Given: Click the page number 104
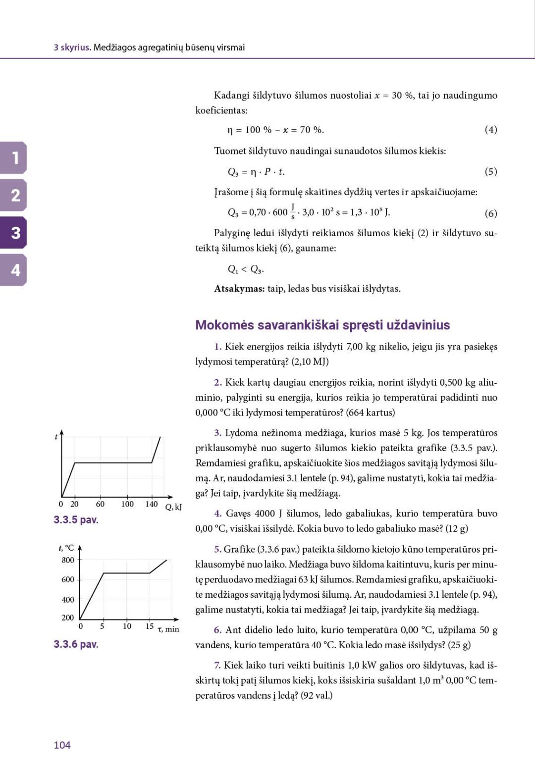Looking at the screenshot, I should pos(62,745).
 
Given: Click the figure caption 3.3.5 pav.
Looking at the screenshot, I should pos(76,519).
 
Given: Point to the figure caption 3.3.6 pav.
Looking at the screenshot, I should pos(76,644).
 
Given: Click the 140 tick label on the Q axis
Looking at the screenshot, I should pos(151,504).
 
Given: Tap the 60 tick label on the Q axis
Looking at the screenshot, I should pos(100,504).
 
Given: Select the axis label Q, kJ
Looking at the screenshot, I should pos(173,507).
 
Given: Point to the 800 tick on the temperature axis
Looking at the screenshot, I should pos(68,560).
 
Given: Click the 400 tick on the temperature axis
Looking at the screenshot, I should pos(68,599).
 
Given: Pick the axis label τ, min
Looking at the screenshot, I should pos(168,629).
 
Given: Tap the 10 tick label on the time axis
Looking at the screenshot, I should pos(127,626).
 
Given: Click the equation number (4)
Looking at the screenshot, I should pos(490,130).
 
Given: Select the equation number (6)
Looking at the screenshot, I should pos(490,213).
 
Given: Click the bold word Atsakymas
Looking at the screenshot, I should pos(239,289).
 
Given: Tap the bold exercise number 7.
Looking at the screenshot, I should pos(217,665).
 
